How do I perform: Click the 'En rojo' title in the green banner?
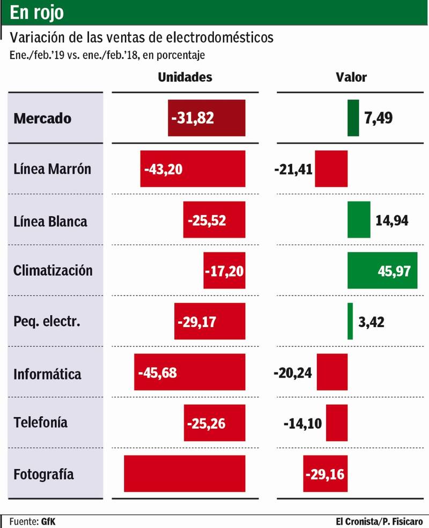pos(37,13)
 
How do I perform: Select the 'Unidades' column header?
pos(185,77)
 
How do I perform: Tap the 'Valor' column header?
pos(351,77)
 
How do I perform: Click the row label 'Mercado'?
pos(42,118)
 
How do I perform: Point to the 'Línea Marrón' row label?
pos(52,169)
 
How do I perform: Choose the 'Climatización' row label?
pos(53,270)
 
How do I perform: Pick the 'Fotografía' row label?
pos(43,475)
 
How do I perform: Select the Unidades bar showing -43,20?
pos(193,169)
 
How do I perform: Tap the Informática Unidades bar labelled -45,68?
pos(190,372)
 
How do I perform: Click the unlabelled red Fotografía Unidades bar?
pos(184,473)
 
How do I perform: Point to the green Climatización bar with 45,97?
pos(382,270)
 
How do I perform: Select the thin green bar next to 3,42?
pos(350,321)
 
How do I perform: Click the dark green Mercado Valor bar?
pos(353,118)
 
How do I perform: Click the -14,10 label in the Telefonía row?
pos(302,423)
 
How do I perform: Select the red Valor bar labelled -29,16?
pos(325,473)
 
